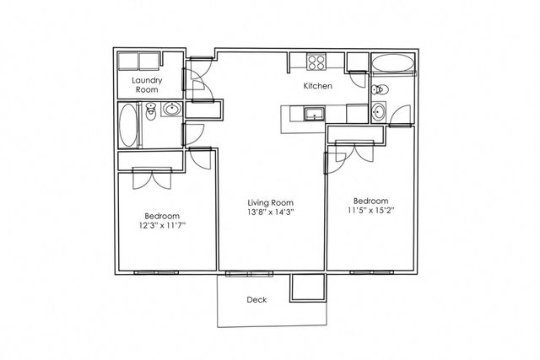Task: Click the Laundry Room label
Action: click(x=147, y=85)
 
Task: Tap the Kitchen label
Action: click(x=317, y=86)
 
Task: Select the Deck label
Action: click(x=256, y=300)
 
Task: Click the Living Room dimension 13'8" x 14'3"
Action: click(x=270, y=212)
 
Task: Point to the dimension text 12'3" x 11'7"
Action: click(x=162, y=226)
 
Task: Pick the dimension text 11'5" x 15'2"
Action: click(x=371, y=210)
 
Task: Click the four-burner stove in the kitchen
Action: click(x=316, y=62)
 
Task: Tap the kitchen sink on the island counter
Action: click(x=314, y=114)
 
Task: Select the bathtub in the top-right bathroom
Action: click(x=393, y=62)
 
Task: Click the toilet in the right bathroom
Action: click(x=380, y=90)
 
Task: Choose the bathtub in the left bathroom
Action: click(x=127, y=125)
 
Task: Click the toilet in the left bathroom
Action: click(x=150, y=111)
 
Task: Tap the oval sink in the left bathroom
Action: click(x=171, y=110)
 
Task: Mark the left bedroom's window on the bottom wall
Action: click(x=156, y=272)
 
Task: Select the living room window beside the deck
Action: click(x=249, y=274)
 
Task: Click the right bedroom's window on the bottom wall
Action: click(x=371, y=272)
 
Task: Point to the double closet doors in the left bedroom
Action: click(x=152, y=178)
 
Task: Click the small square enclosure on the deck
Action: click(x=307, y=287)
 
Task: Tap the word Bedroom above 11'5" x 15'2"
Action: click(x=371, y=201)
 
